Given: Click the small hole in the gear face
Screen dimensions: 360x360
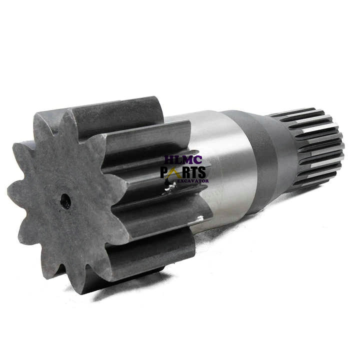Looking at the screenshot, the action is pos(65,201).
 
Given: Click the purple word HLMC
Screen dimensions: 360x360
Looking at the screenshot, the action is pos(183,160).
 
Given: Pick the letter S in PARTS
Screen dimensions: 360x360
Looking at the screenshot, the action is pos(201,172).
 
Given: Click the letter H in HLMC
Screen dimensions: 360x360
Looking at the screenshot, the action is pos(168,160).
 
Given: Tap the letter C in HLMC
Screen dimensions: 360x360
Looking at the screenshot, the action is pos(198,160).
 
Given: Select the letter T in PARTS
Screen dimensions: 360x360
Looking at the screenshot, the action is pos(194,172).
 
